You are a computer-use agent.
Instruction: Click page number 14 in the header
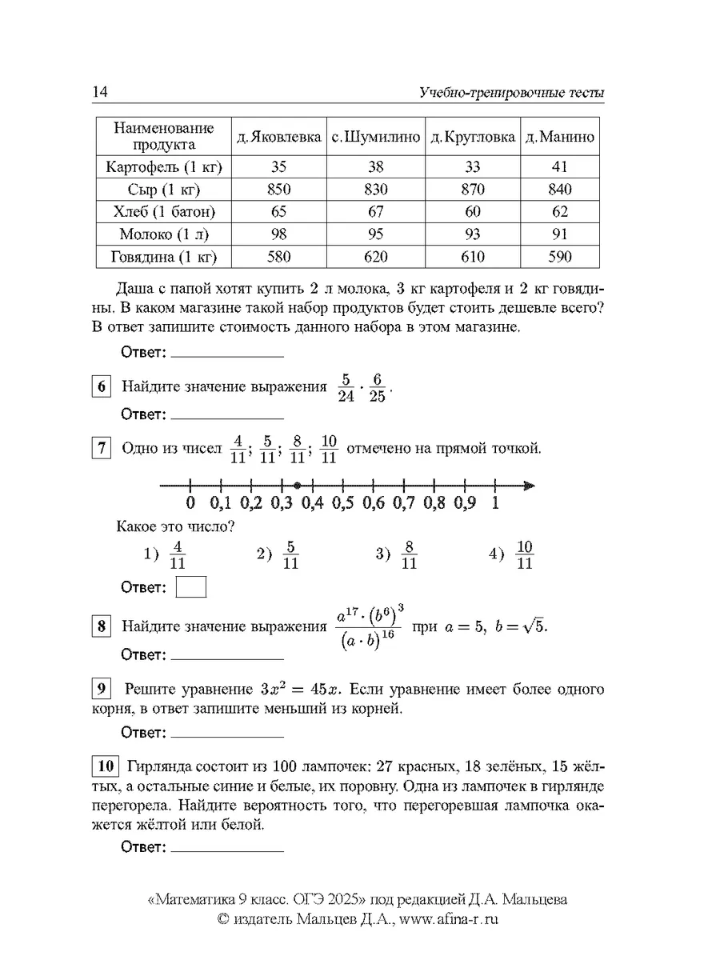click(100, 93)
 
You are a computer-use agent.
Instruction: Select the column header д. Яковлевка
click(279, 137)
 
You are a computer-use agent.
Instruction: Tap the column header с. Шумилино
click(376, 137)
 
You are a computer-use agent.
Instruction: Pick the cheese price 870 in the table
click(472, 190)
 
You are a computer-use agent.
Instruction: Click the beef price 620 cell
click(376, 257)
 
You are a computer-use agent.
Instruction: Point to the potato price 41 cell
click(560, 167)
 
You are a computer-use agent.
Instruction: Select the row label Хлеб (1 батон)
click(164, 212)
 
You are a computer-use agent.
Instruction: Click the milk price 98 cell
click(279, 234)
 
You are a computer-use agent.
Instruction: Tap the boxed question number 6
click(102, 386)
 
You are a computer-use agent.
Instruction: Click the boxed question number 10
click(106, 766)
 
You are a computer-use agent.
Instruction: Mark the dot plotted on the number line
click(297, 485)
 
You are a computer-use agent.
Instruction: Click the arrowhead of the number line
click(529, 485)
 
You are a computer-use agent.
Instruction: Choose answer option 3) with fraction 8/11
click(398, 555)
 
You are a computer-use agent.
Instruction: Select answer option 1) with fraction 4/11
click(166, 555)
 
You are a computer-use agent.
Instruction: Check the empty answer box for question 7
click(190, 587)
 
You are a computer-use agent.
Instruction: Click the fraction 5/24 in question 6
click(345, 387)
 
